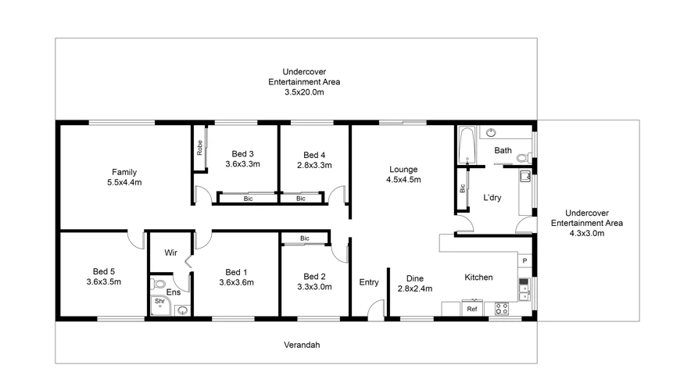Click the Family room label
point(124,172)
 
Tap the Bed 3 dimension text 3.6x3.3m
point(242,164)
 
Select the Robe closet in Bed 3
point(200,147)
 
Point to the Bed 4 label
point(314,154)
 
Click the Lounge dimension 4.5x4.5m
point(403,180)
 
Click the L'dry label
point(492,198)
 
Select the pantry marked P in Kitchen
point(524,260)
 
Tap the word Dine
point(414,278)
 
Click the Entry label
point(368,282)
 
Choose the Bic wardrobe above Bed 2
point(304,238)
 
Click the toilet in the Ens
point(159,284)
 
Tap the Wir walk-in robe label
point(171,253)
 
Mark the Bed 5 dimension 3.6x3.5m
point(103,282)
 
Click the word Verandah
point(301,345)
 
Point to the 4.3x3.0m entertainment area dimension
point(587,233)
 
